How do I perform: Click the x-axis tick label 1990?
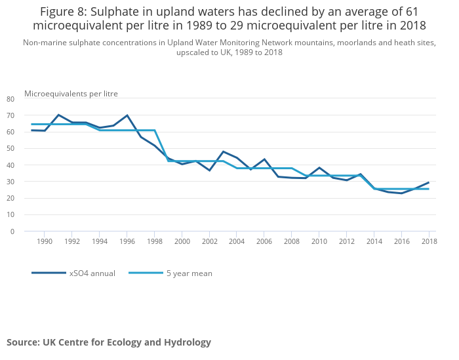point(44,242)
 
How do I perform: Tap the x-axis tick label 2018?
point(429,242)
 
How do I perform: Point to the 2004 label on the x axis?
point(237,242)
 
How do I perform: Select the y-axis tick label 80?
point(10,99)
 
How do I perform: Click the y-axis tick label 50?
point(10,149)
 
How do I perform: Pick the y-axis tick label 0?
point(12,231)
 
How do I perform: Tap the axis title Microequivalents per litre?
point(71,94)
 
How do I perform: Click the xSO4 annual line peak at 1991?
point(58,115)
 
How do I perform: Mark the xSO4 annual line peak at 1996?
point(127,115)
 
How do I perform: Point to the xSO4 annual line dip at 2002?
point(210,170)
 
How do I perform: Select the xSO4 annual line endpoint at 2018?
point(429,182)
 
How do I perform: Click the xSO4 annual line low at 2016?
point(401,193)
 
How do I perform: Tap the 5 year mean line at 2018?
point(429,189)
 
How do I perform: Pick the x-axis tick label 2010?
point(319,242)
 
